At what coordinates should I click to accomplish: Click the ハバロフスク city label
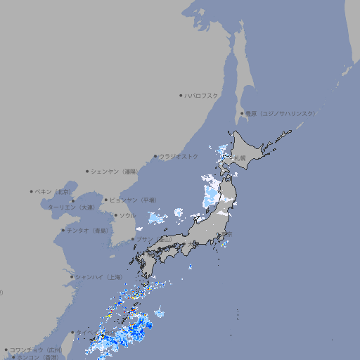tap(202, 95)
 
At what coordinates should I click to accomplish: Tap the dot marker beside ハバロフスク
tap(181, 95)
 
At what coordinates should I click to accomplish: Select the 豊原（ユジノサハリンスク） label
tap(281, 113)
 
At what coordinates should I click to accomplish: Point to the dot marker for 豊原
tap(242, 113)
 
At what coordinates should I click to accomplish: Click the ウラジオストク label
tap(179, 156)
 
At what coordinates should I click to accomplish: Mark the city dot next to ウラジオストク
tap(155, 156)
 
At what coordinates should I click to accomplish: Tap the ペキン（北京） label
tap(53, 191)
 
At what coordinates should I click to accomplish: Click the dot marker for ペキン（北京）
tap(32, 191)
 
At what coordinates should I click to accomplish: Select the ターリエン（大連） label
tap(70, 207)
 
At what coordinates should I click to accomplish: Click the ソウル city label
tap(127, 215)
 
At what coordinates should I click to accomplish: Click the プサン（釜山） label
tap(154, 239)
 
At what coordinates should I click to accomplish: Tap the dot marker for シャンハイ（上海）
tap(72, 277)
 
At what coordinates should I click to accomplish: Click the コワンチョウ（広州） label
tap(35, 349)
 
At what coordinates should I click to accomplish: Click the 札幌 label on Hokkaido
tap(240, 157)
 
